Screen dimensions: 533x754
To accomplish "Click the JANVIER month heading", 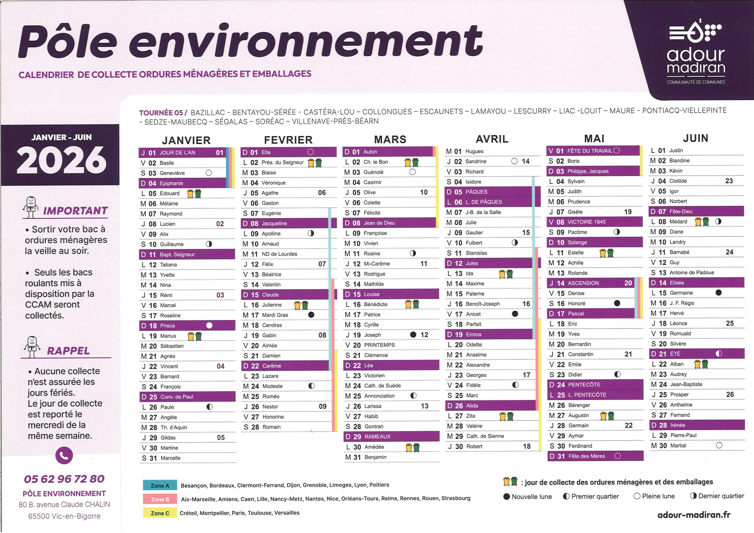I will [186, 140].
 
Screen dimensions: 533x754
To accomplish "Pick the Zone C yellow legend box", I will [160, 513].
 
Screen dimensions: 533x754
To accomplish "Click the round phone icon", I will [64, 456].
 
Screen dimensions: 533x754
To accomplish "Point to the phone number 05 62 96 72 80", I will [64, 479].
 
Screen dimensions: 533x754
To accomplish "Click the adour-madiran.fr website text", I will [694, 515].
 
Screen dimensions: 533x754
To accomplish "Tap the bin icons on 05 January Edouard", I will [194, 193].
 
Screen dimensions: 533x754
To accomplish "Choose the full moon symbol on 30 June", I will [719, 445].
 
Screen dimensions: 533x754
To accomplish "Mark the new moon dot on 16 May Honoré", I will [617, 303].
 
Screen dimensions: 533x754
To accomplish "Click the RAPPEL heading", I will [68, 351].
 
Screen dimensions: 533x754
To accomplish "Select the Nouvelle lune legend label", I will [531, 497].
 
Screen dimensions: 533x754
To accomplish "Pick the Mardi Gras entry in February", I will [275, 315].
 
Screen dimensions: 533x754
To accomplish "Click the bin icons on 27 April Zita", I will [506, 416].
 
